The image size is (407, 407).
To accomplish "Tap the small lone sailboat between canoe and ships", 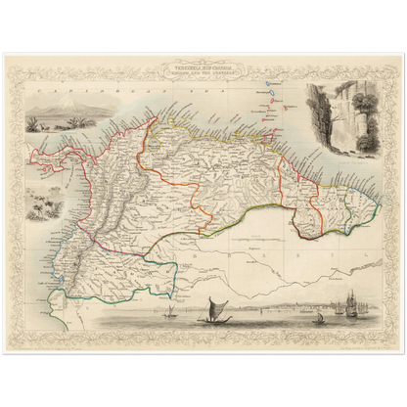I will (x=317, y=315).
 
